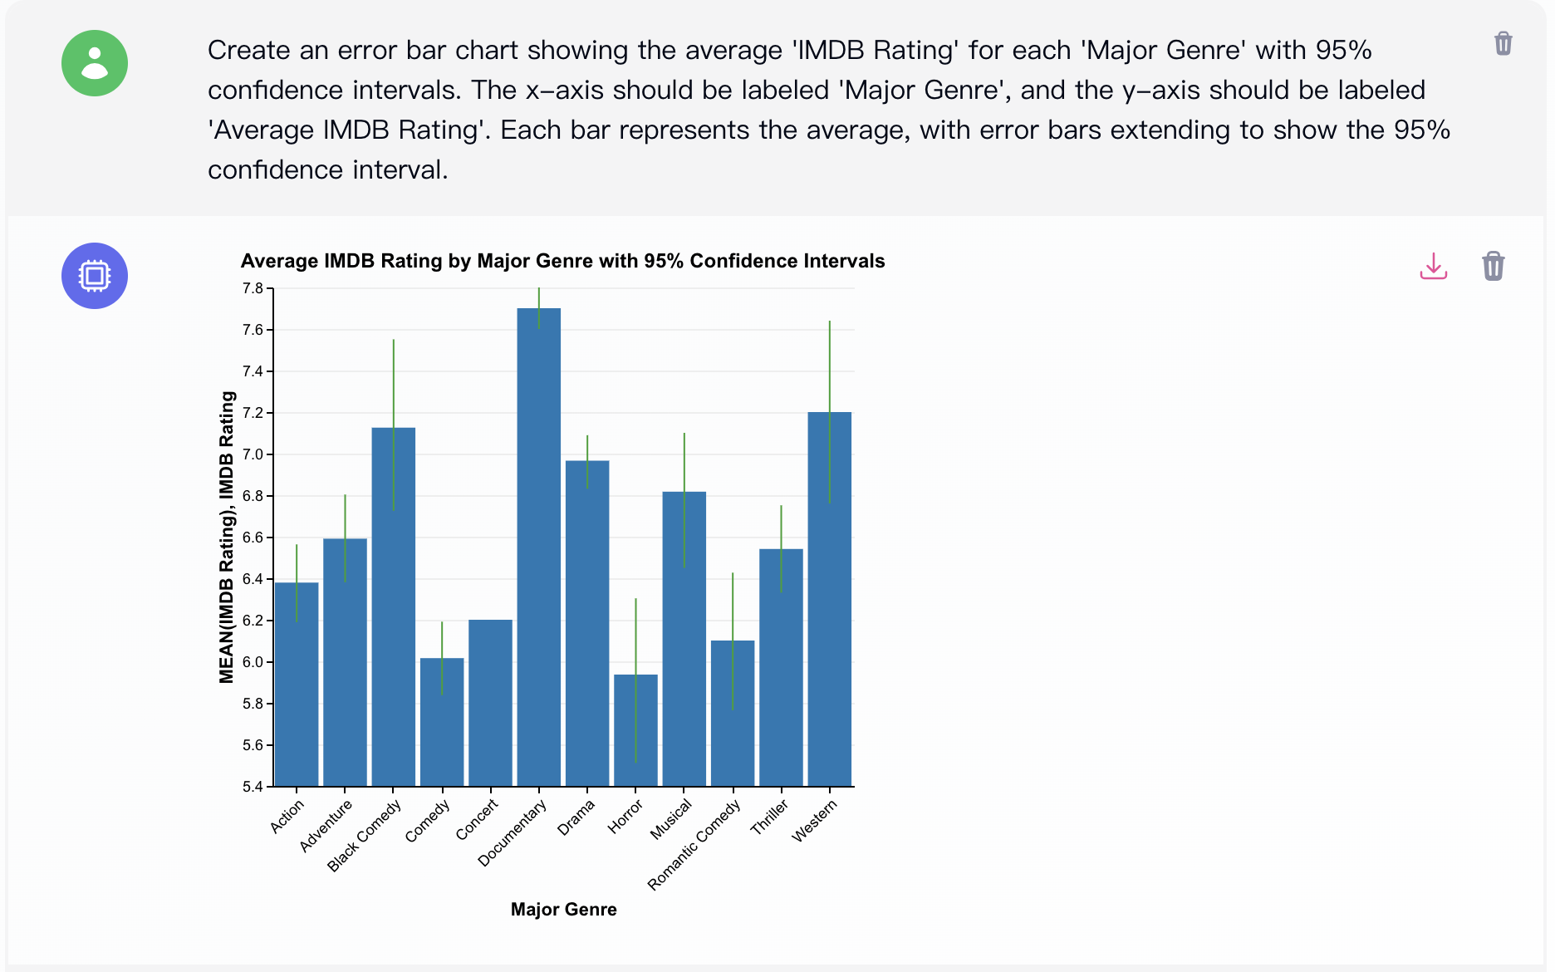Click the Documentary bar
[x=538, y=548]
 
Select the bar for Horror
[x=635, y=731]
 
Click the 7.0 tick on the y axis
[x=253, y=454]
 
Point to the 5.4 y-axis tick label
[x=253, y=787]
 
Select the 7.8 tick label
[x=253, y=288]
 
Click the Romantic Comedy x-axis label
[x=694, y=845]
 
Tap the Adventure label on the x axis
[x=326, y=825]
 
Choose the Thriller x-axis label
[x=769, y=817]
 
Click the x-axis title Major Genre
[x=563, y=910]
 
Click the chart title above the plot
[x=562, y=261]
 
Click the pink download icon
[x=1433, y=266]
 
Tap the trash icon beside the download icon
[x=1493, y=266]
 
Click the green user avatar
[x=95, y=63]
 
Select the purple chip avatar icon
[x=95, y=276]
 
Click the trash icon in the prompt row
[x=1503, y=43]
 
